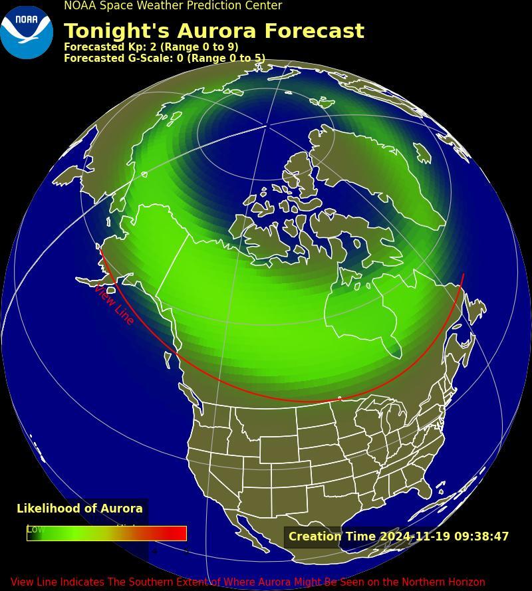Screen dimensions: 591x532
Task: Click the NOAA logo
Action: pos(27,32)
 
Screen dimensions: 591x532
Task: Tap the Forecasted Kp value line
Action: pos(150,47)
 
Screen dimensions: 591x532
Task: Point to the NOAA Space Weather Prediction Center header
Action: pos(173,6)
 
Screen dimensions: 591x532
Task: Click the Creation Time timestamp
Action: pos(398,536)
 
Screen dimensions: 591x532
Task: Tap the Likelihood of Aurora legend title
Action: pos(80,509)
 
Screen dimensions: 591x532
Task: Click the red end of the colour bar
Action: pos(178,533)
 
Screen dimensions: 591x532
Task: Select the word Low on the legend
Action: pos(35,529)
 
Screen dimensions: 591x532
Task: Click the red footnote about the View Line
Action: pos(247,582)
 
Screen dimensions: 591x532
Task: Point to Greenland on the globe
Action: pos(379,166)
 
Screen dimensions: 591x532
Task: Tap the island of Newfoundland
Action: pos(476,310)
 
